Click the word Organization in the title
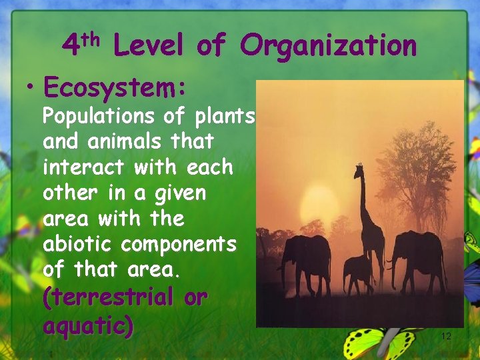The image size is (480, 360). (x=329, y=46)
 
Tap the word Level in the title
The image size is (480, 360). (x=149, y=46)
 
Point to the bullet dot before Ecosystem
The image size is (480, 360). (x=29, y=87)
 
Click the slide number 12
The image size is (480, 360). (x=446, y=337)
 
